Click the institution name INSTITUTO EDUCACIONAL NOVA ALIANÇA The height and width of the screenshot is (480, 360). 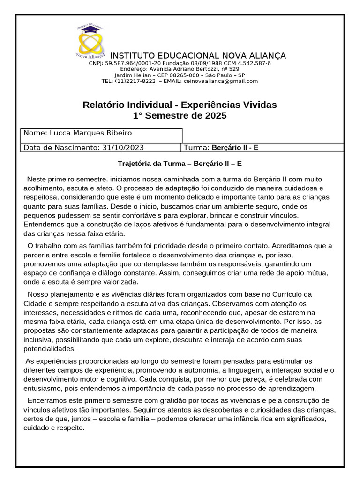198,56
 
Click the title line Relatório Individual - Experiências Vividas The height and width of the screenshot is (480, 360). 180,104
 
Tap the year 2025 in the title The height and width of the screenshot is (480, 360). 216,115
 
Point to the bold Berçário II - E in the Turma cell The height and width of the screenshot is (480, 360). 235,147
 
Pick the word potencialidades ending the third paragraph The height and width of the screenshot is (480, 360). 49,349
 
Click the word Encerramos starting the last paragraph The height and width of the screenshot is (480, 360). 47,400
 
